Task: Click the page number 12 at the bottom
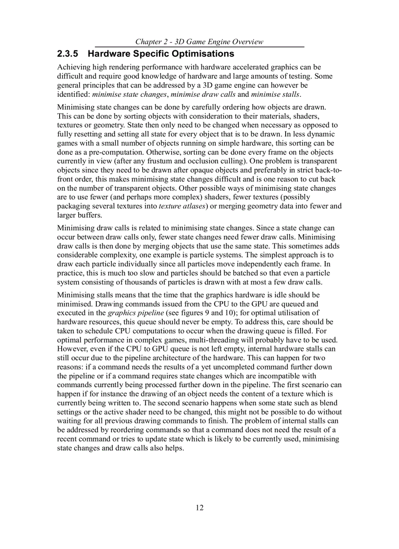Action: pos(199,507)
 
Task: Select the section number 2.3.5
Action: pos(68,54)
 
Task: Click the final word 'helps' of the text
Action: pos(174,448)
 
